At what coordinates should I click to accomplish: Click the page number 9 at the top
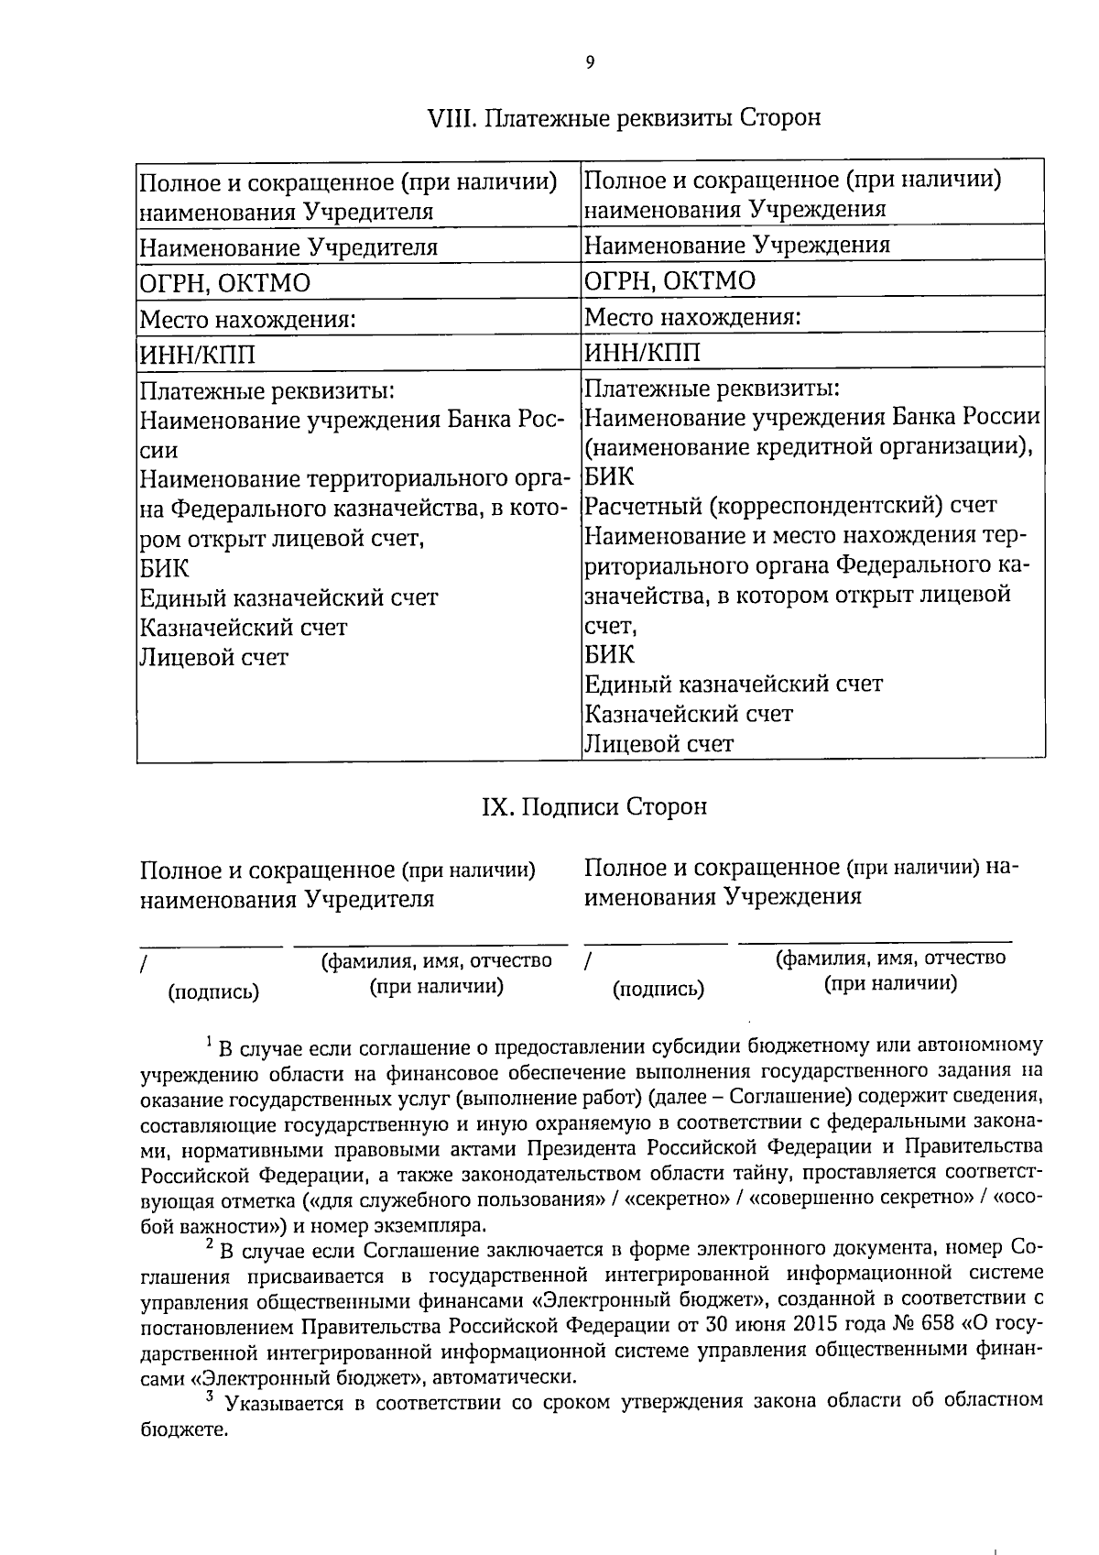coord(589,62)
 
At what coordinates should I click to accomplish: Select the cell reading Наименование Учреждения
coord(737,245)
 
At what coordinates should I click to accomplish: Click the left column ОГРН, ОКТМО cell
coord(224,283)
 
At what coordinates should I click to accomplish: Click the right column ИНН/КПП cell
coord(642,353)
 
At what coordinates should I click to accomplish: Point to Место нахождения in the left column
coord(246,320)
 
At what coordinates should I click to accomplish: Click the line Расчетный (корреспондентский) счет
coord(790,505)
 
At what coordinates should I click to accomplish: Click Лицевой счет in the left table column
coord(212,657)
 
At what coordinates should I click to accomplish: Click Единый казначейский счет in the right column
coord(733,684)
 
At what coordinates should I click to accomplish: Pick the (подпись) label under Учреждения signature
coord(658,989)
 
